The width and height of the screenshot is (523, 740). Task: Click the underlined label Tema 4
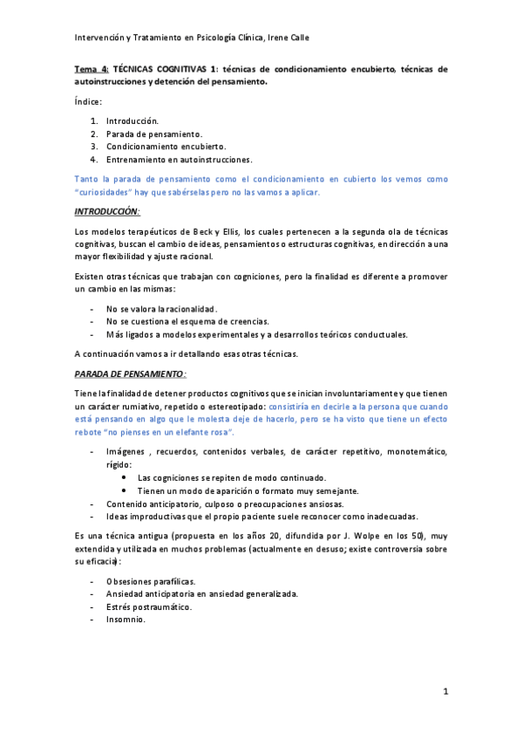tap(90, 68)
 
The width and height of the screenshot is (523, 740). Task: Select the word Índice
tap(88, 102)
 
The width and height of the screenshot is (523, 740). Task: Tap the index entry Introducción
tap(132, 120)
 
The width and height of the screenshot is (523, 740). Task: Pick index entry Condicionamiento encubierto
tap(166, 147)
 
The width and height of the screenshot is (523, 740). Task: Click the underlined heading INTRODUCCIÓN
tap(107, 212)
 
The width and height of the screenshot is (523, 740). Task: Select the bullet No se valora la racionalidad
tap(161, 309)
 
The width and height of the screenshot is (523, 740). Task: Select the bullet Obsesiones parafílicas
tap(151, 580)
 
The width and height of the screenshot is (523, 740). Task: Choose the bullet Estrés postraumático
tap(149, 606)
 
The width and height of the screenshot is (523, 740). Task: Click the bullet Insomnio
tap(126, 620)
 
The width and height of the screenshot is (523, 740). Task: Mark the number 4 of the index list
tap(93, 160)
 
